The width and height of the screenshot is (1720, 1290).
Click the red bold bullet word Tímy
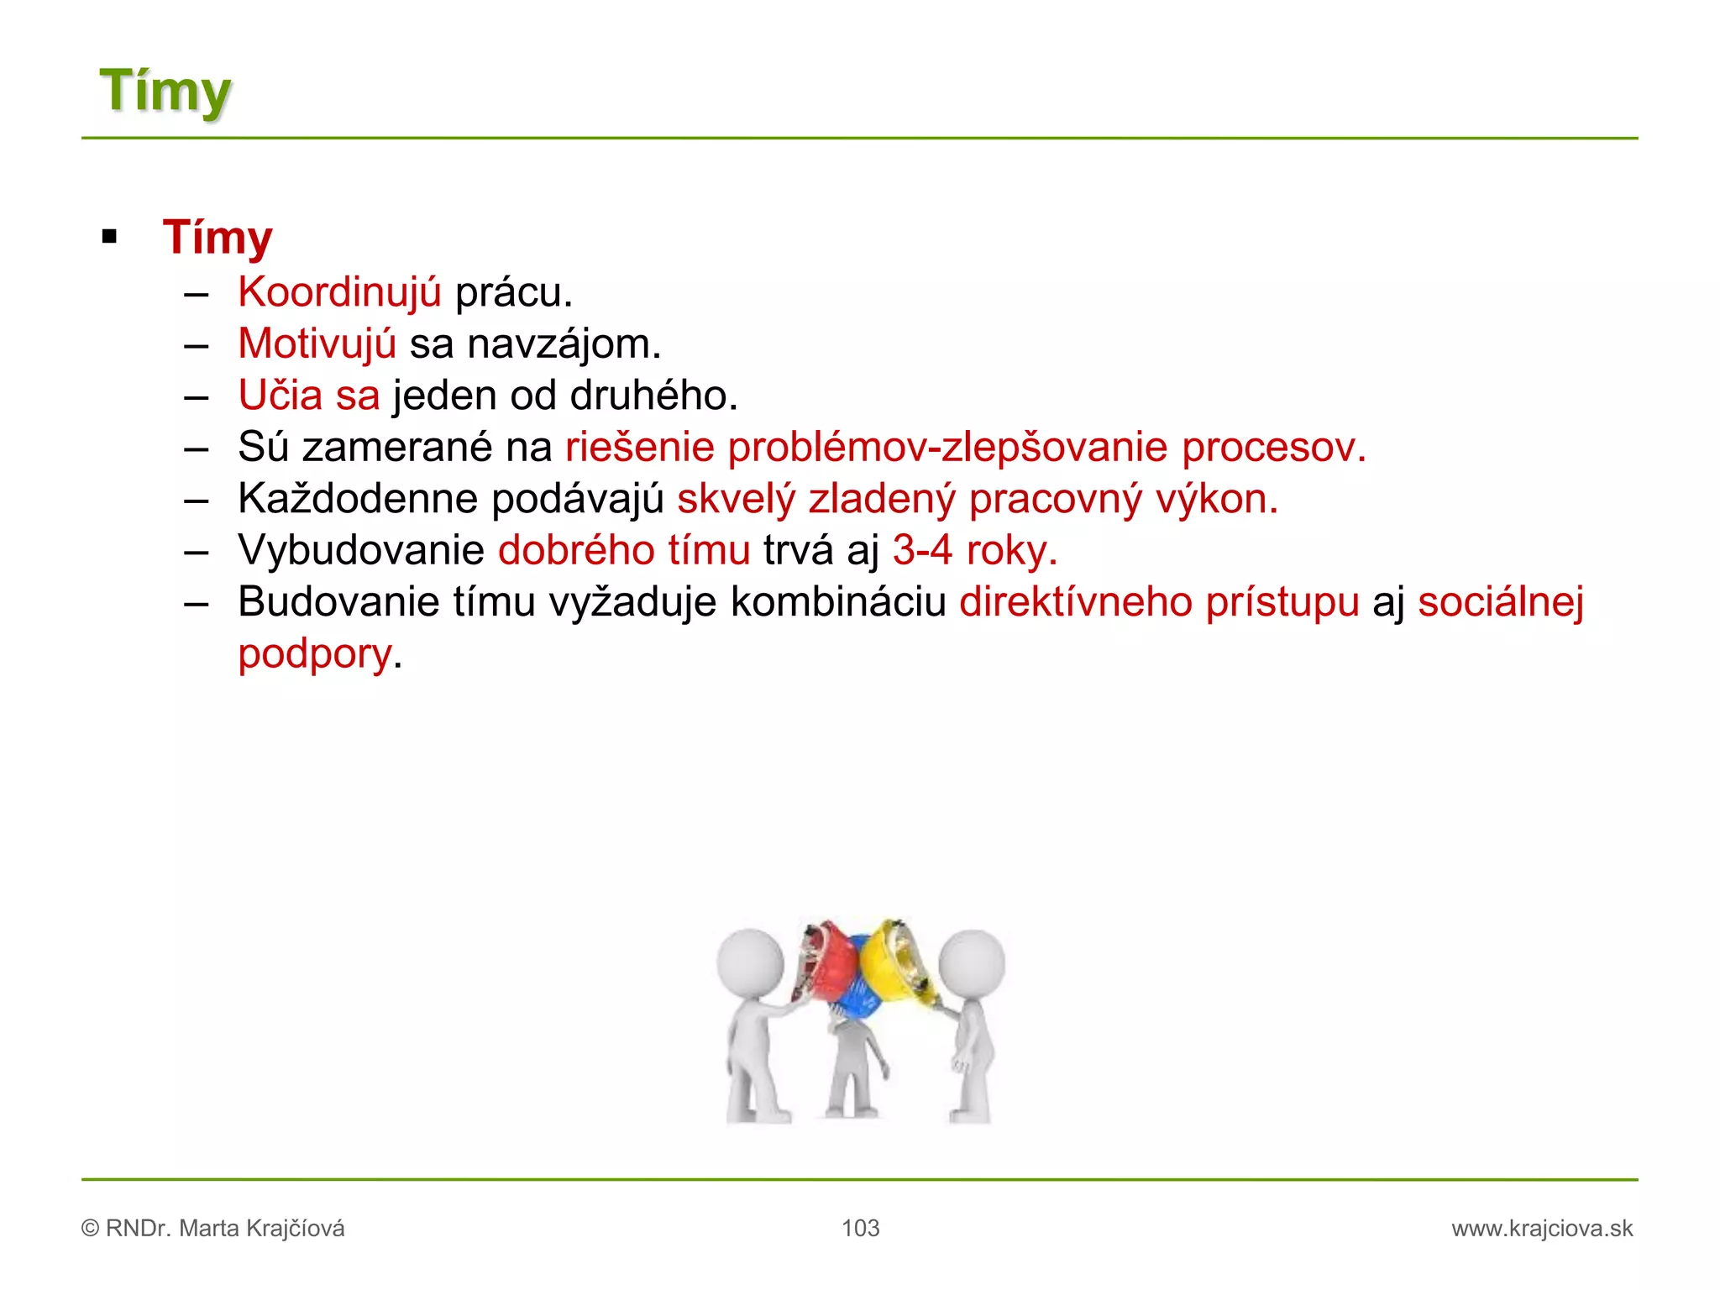click(x=218, y=238)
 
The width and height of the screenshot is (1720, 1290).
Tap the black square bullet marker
click(x=109, y=237)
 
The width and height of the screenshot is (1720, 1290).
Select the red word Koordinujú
click(x=339, y=292)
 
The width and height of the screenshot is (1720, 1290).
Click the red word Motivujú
click(x=317, y=344)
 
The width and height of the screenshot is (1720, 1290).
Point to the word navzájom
click(x=564, y=344)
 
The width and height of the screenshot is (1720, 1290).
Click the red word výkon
click(x=1216, y=499)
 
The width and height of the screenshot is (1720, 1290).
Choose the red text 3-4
click(x=922, y=551)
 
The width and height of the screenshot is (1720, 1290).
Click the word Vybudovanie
click(x=361, y=551)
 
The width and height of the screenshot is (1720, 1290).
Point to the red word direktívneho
click(x=1076, y=602)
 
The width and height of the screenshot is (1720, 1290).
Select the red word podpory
click(x=315, y=654)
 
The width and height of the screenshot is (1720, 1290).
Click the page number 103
click(x=860, y=1229)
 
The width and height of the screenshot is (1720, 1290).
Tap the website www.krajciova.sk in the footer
click(x=1542, y=1229)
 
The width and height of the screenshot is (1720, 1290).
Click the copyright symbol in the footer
click(x=91, y=1229)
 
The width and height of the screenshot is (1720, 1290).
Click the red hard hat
click(x=828, y=962)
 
